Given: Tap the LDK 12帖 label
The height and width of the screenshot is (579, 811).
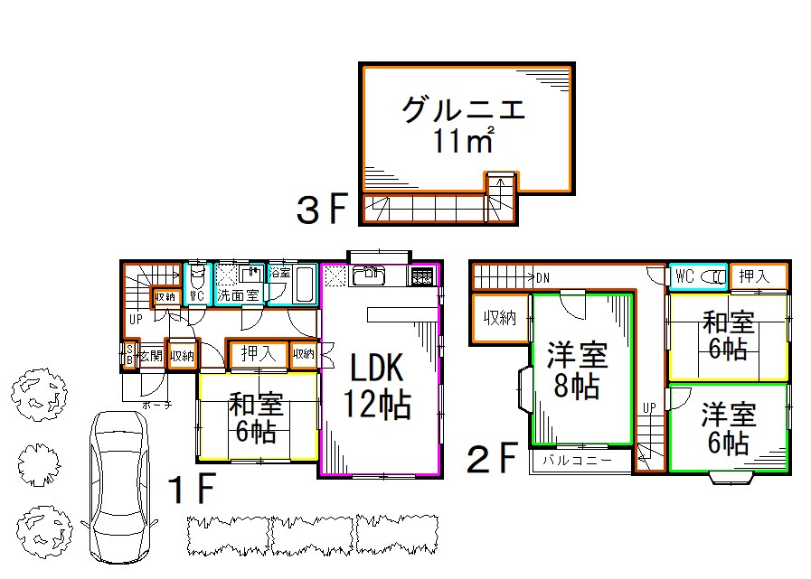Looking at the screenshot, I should pyautogui.click(x=379, y=386).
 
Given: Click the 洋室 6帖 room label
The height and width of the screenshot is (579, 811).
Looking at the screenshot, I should pyautogui.click(x=729, y=428).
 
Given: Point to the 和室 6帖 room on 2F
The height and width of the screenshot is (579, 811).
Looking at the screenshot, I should pyautogui.click(x=728, y=335).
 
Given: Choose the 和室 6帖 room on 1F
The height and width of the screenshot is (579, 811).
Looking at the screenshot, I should pyautogui.click(x=257, y=416).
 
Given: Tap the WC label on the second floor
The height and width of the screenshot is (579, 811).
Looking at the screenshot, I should pyautogui.click(x=684, y=276).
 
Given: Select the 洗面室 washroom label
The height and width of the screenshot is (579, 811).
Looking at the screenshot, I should pyautogui.click(x=238, y=295).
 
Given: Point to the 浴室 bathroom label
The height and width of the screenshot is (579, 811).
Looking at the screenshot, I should pyautogui.click(x=280, y=273).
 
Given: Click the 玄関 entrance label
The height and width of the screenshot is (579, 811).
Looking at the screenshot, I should pyautogui.click(x=150, y=356).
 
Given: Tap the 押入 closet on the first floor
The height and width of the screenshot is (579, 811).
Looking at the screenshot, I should pyautogui.click(x=257, y=354).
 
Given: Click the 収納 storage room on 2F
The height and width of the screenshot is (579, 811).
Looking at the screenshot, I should pyautogui.click(x=499, y=318).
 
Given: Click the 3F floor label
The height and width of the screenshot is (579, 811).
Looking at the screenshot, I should pyautogui.click(x=322, y=210).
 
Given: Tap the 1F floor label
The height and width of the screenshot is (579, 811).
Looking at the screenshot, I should pyautogui.click(x=192, y=490).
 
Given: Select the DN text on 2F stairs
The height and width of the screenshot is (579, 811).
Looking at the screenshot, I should pyautogui.click(x=542, y=276).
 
